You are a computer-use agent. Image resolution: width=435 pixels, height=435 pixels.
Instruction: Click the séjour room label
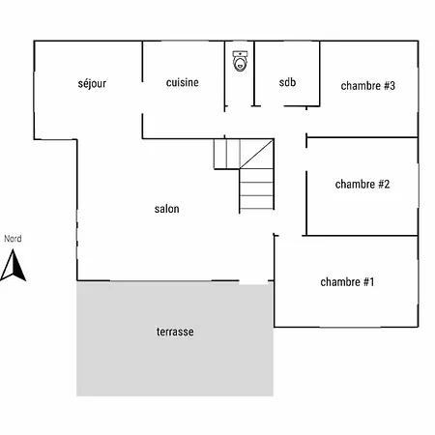[x=92, y=83]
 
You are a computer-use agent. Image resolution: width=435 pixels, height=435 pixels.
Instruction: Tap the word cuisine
[x=183, y=82]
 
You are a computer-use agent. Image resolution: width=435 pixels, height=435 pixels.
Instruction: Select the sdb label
[x=287, y=82]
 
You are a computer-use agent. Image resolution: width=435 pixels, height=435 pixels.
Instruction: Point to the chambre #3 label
[x=368, y=86]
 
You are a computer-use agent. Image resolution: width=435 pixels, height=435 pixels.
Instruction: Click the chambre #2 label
[x=362, y=184]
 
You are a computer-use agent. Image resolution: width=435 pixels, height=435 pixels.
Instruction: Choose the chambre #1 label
[x=347, y=282]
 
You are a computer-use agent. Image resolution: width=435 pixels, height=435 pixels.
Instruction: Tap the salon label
[x=166, y=209]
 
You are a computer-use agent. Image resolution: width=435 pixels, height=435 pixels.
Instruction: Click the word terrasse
[x=175, y=332]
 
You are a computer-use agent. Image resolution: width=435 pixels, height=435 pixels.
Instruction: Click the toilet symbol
[x=240, y=61]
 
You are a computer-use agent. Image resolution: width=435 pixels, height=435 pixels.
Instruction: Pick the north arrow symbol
[x=14, y=265]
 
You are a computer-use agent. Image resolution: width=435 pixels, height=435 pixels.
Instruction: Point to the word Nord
[x=13, y=239]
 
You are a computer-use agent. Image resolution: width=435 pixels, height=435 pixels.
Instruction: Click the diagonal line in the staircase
[x=256, y=154]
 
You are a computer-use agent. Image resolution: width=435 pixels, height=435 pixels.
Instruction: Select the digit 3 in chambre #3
[x=391, y=86]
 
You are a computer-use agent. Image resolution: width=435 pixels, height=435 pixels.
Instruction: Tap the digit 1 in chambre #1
[x=371, y=282]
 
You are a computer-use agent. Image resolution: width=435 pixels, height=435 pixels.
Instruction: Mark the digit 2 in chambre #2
[x=387, y=184]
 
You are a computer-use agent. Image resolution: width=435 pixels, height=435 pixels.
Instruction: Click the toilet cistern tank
[x=240, y=54]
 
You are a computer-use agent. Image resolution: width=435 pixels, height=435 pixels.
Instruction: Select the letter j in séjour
[x=90, y=84]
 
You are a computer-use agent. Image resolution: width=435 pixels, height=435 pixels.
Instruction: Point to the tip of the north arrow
[x=14, y=249]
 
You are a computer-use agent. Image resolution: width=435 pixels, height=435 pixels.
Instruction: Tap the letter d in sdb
[x=287, y=82]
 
